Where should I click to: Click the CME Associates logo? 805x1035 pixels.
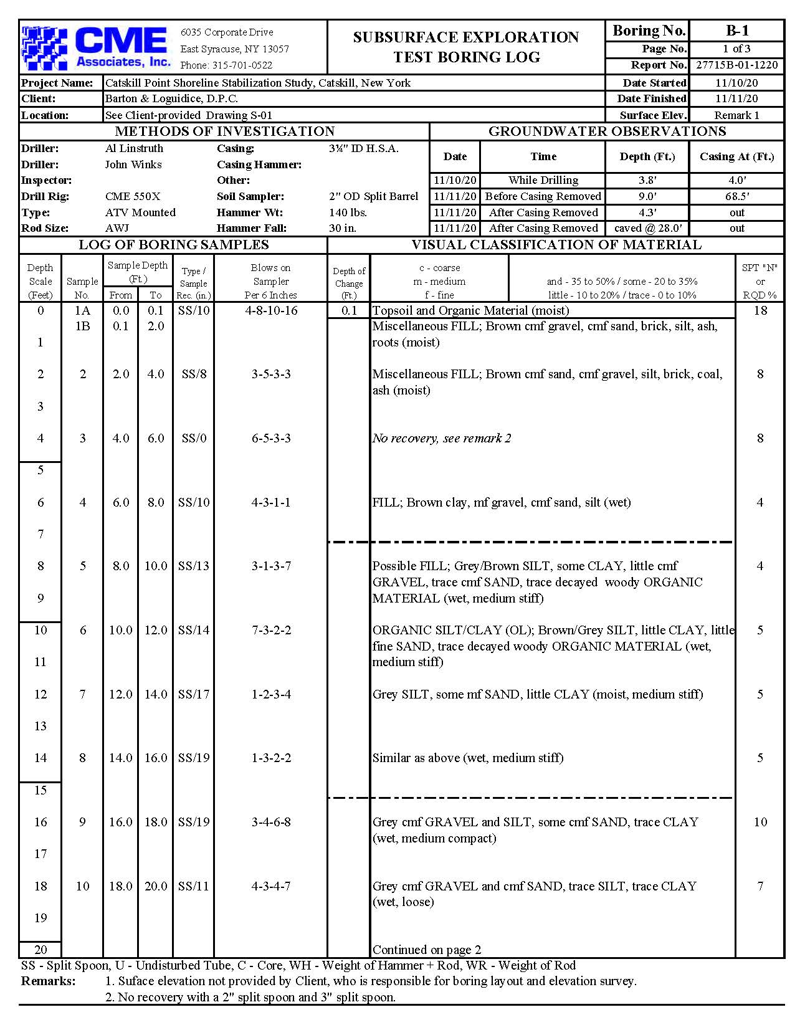pos(97,47)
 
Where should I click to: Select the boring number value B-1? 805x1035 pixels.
pos(736,31)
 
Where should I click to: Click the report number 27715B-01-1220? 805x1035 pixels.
pos(736,65)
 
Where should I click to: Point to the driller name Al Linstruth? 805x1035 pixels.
pos(134,148)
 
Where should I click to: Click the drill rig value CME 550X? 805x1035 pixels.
pos(133,196)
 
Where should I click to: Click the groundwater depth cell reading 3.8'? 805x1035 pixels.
pos(647,180)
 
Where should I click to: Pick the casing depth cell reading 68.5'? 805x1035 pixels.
pos(736,196)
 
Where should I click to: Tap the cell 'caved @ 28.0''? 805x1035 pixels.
pos(647,228)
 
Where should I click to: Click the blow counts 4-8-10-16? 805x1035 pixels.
pos(271,310)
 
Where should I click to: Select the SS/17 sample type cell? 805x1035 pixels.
pos(194,694)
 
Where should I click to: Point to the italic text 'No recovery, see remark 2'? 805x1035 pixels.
pos(441,438)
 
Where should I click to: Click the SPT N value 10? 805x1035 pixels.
pos(760,822)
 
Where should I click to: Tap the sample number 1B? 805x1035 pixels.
pos(82,326)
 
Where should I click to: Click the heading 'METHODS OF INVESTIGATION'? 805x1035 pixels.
pos(224,131)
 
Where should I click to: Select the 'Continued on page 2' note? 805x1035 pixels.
pos(427,950)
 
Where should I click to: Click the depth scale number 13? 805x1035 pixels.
pos(40,726)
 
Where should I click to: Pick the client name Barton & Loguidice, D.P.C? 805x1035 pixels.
pos(171,98)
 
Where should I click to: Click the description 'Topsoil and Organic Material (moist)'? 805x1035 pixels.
pos(470,310)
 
